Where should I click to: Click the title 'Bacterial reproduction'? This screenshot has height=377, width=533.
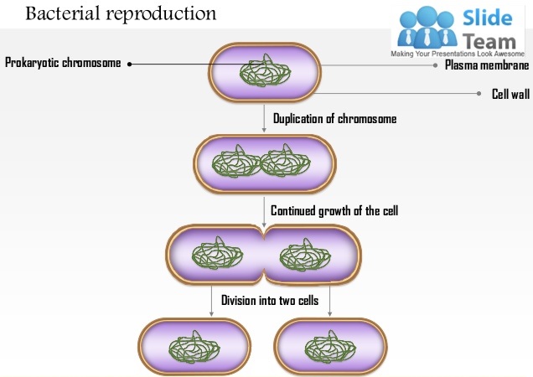coord(121,14)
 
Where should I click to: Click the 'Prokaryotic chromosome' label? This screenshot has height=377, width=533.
coord(63,63)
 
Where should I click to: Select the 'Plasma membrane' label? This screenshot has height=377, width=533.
coord(486,65)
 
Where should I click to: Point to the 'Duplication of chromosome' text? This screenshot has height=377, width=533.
coord(334,119)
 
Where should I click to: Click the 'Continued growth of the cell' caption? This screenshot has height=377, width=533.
coord(334,210)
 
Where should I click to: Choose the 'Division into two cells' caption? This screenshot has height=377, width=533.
coord(269,300)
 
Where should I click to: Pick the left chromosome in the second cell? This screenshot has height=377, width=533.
coord(235,162)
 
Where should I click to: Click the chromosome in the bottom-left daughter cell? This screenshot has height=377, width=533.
coord(193,347)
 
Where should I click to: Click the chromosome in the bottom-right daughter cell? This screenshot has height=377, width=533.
coord(330,347)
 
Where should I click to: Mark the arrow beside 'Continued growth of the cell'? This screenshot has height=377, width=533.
coord(264,211)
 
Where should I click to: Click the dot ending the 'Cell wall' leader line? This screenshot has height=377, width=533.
coord(480,94)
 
